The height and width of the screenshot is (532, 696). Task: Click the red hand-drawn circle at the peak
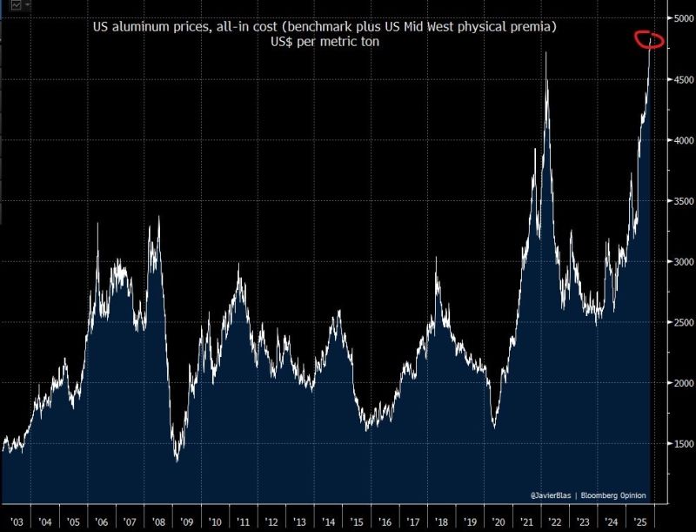coord(649,39)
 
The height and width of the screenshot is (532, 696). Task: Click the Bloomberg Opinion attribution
coord(615,495)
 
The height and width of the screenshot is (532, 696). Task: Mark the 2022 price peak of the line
coord(545,53)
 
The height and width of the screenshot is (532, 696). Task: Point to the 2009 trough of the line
coord(177,460)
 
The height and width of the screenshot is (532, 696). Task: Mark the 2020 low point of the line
coord(494,428)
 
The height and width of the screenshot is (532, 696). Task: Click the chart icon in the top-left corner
coord(13,5)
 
